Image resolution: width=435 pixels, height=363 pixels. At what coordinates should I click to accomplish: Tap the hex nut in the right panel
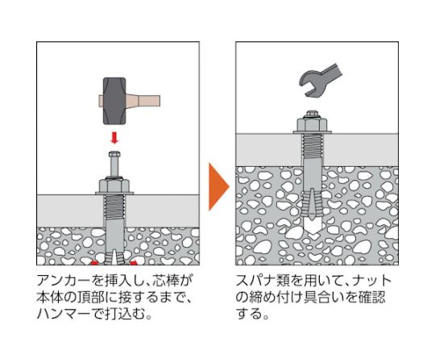coord(314,124)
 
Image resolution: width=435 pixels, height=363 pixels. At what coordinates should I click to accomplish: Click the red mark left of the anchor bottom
coord(97,262)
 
